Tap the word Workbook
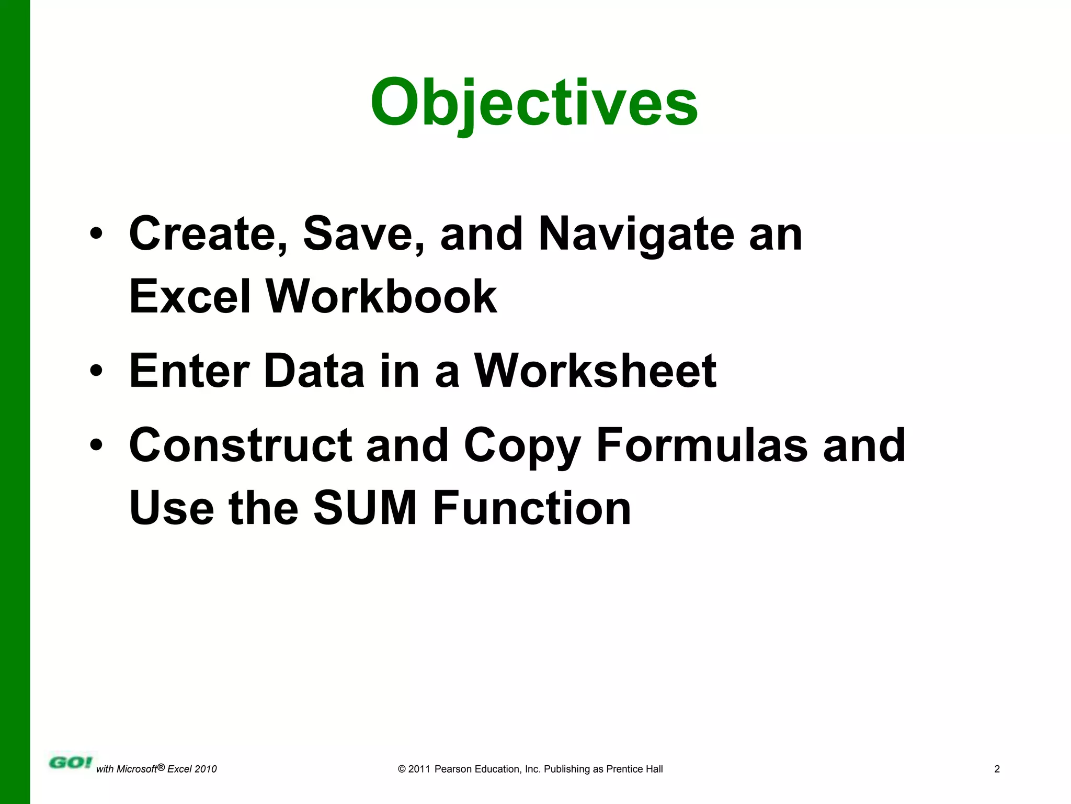click(x=381, y=297)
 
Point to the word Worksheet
click(x=595, y=371)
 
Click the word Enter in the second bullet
click(x=189, y=371)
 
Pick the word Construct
click(x=240, y=445)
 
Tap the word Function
click(x=532, y=508)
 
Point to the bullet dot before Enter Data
click(x=96, y=371)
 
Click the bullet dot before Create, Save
click(x=96, y=234)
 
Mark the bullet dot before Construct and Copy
click(x=96, y=445)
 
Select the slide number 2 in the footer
click(x=997, y=769)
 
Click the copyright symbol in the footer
click(x=402, y=769)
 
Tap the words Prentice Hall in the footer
click(x=634, y=769)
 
